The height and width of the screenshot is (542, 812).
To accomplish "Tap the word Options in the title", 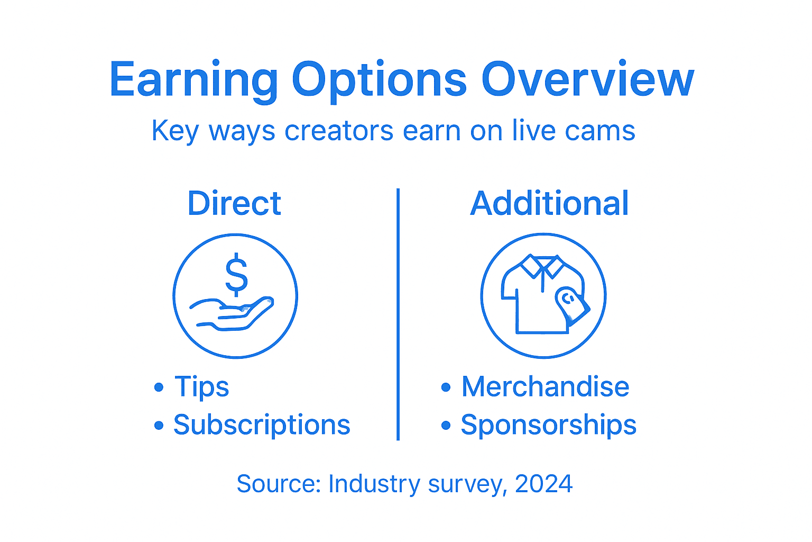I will coord(379,80).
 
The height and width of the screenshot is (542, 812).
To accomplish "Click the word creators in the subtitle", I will coord(339,131).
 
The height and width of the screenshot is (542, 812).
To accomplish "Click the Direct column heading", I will coord(234,203).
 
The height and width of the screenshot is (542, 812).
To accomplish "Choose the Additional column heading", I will coord(549,203).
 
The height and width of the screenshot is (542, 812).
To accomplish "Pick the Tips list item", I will coord(201,386).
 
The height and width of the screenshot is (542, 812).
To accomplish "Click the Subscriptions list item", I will coord(262,424).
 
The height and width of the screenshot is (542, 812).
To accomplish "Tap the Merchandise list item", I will coord(545,386).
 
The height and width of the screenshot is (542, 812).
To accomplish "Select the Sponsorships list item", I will coord(548,424).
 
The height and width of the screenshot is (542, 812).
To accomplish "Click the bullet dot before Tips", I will coord(159,387).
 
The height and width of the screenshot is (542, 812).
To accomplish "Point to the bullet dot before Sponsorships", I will coord(446,425).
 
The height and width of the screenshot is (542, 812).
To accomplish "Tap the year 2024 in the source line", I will coord(543,484).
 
